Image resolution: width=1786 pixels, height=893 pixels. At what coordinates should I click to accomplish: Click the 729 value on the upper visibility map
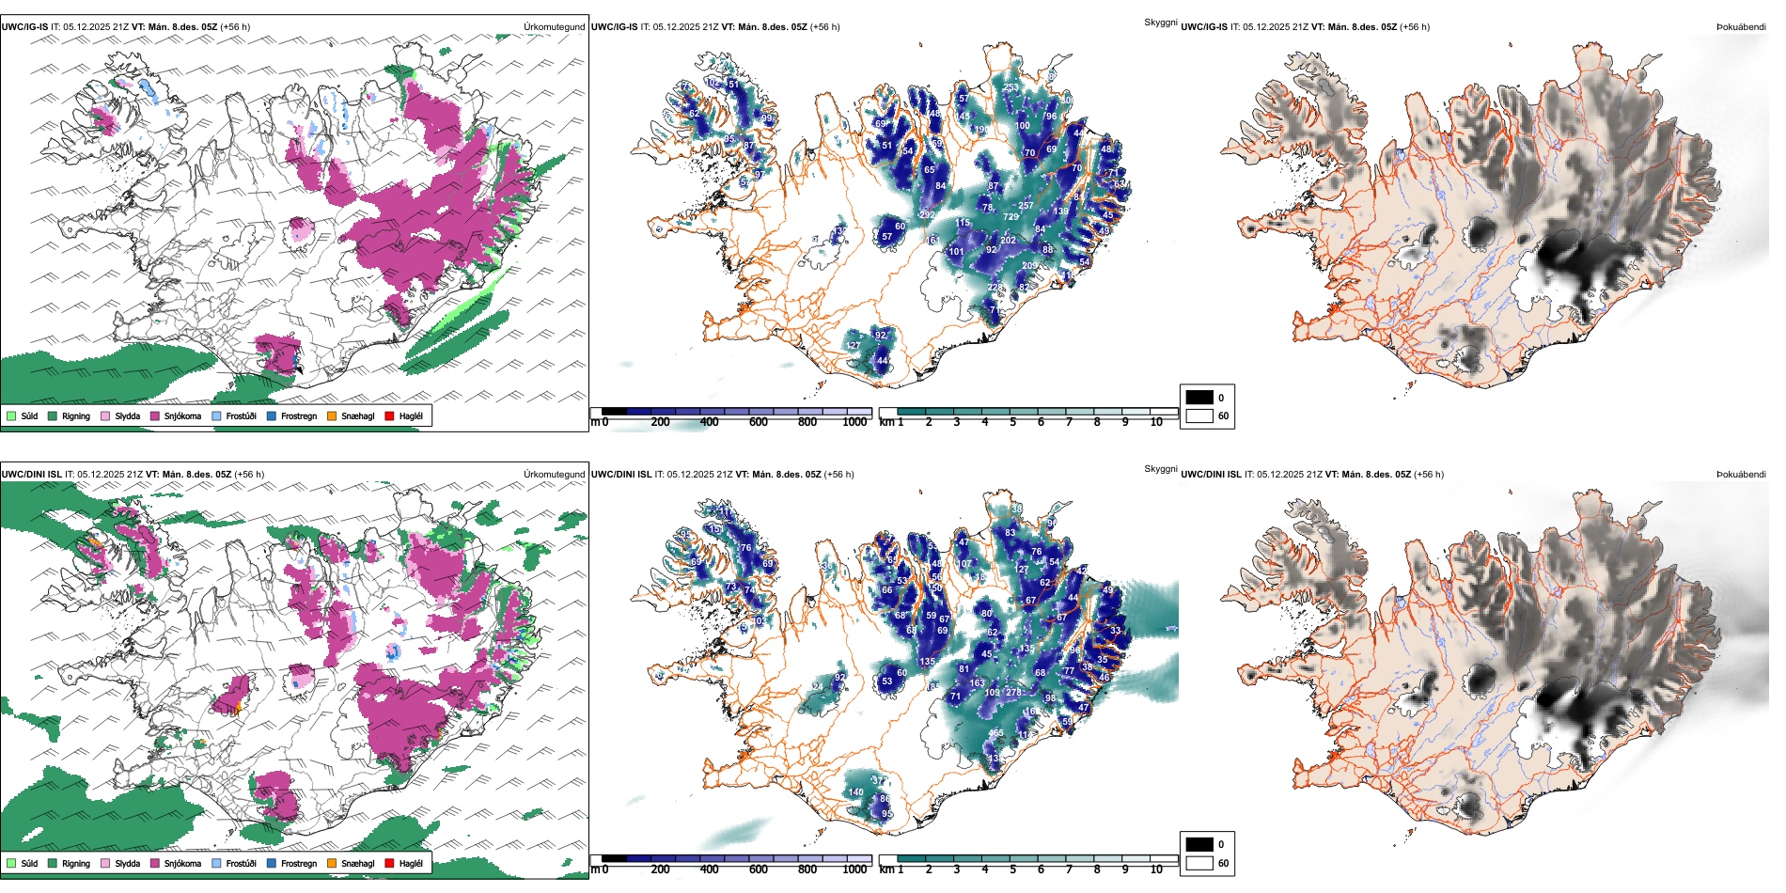[x=1010, y=217]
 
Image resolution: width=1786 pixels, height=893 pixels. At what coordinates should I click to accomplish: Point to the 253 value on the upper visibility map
[x=1010, y=88]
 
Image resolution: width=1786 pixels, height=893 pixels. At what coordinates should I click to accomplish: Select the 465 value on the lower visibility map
[x=995, y=733]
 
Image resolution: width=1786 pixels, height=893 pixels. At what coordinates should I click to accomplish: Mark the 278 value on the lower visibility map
[x=1013, y=693]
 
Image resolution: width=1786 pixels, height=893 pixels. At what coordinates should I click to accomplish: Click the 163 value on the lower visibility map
[x=978, y=683]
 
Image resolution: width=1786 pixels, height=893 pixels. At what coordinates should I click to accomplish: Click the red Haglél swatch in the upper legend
[x=389, y=415]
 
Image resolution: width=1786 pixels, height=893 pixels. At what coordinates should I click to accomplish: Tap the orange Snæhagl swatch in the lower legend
[x=332, y=863]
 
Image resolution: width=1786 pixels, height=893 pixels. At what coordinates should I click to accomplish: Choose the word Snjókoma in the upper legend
[x=182, y=415]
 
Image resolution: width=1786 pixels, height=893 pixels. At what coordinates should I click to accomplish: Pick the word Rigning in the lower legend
[x=76, y=863]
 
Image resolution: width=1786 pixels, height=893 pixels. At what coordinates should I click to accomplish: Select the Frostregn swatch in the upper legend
[x=272, y=415]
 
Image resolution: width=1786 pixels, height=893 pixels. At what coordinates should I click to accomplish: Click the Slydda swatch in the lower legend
[x=105, y=863]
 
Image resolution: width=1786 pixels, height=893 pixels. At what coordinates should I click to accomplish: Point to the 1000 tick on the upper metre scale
[x=854, y=422]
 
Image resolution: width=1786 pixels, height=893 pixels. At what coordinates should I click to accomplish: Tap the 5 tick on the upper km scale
[x=1012, y=422]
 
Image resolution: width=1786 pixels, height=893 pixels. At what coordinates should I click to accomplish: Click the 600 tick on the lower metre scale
[x=758, y=869]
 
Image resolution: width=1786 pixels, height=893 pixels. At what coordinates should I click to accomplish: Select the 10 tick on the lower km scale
[x=1156, y=869]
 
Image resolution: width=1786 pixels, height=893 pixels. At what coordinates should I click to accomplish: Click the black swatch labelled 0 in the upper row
[x=1199, y=398]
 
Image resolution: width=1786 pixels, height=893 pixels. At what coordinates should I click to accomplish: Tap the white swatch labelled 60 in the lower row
[x=1199, y=863]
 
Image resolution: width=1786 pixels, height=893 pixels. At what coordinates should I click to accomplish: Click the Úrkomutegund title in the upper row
[x=554, y=27]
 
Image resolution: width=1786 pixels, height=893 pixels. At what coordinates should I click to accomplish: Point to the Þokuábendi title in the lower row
[x=1741, y=475]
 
